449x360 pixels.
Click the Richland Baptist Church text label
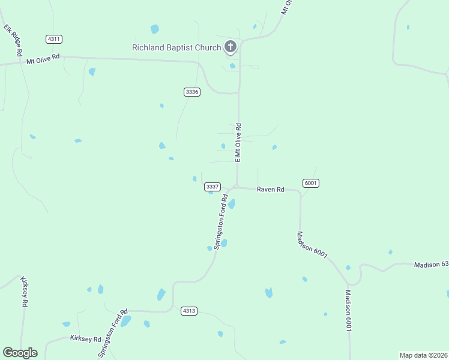[176, 47]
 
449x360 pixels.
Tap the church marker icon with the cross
[231, 46]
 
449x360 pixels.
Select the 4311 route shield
[54, 39]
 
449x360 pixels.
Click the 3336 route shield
[192, 92]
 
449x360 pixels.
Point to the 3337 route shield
[212, 187]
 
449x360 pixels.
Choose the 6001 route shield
[310, 183]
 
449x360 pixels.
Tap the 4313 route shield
[189, 311]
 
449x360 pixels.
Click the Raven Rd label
[270, 190]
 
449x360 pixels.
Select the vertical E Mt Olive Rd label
[238, 143]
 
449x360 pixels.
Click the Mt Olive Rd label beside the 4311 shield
[43, 59]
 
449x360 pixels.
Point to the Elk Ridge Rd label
[13, 34]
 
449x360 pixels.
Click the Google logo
[20, 353]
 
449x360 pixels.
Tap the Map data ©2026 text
[423, 355]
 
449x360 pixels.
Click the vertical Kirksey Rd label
[25, 292]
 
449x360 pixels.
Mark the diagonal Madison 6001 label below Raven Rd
[312, 245]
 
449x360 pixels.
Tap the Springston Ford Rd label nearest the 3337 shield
[220, 221]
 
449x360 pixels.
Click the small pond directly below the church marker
[232, 66]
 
